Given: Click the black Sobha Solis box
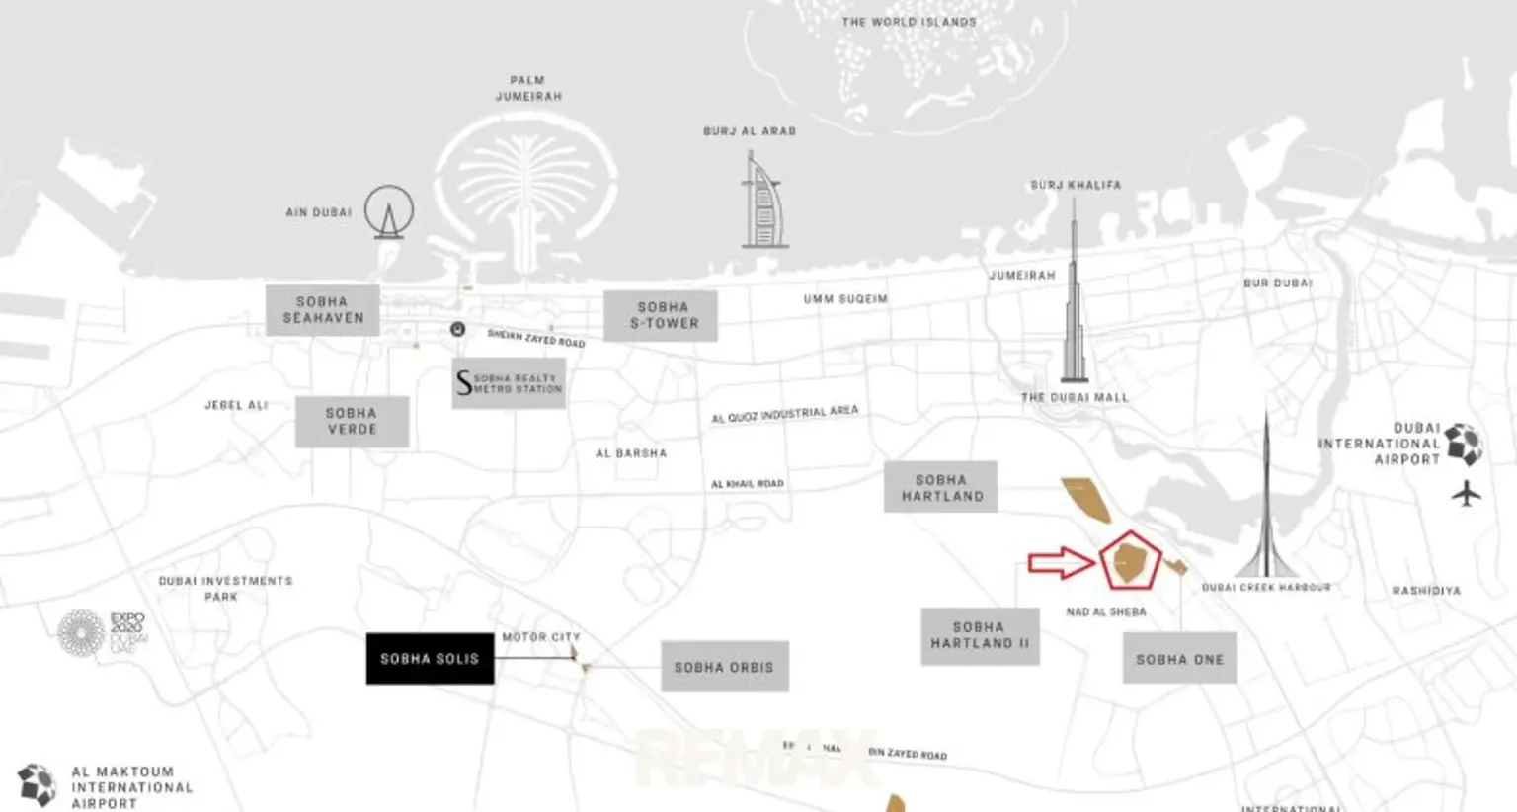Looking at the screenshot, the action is pos(430,658).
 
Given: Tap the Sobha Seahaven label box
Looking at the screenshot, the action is pos(323,310).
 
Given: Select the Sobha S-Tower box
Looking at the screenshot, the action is pos(661,315).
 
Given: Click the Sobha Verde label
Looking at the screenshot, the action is pos(352,421).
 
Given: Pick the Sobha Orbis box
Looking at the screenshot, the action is pos(724,667).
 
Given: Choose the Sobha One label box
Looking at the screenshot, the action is pos(1179,659).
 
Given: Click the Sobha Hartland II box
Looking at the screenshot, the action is pos(980,635).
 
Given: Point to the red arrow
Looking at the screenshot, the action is pos(1060,562).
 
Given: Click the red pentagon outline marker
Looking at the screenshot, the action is pos(1130,560).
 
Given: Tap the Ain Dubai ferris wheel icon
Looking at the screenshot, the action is pos(389,211).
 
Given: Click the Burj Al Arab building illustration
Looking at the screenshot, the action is pos(762,203).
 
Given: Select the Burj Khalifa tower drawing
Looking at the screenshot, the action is pos(1074,296).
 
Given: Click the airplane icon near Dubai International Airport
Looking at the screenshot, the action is pos(1467,492).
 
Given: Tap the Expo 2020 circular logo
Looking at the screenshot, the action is pos(81,632).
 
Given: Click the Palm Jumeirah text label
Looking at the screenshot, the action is pos(528,88).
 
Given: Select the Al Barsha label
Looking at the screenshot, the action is pos(631,453).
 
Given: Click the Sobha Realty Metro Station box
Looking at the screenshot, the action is pos(509,383).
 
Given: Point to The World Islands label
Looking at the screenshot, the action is pos(909,22).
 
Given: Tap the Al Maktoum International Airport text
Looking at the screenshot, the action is pos(131,787).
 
